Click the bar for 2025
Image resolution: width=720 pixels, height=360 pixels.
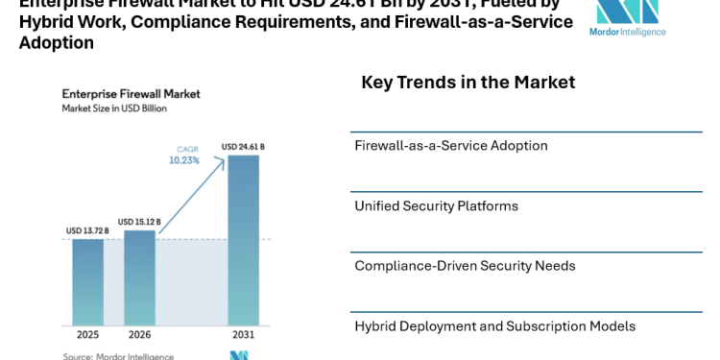pyautogui.click(x=87, y=281)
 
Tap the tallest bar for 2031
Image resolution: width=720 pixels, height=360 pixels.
pyautogui.click(x=243, y=240)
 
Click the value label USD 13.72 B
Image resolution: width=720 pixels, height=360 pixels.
pyautogui.click(x=87, y=230)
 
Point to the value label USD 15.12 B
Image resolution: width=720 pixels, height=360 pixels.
pyautogui.click(x=139, y=221)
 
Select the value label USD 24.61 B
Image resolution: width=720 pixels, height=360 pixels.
pyautogui.click(x=243, y=147)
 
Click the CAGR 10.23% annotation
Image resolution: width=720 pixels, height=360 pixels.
pyautogui.click(x=184, y=156)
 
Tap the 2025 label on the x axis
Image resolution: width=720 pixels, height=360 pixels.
pyautogui.click(x=87, y=335)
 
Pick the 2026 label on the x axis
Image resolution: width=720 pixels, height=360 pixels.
pyautogui.click(x=139, y=335)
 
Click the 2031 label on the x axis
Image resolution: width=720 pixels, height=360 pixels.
pyautogui.click(x=243, y=335)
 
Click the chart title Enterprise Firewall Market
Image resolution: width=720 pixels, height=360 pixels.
pyautogui.click(x=131, y=94)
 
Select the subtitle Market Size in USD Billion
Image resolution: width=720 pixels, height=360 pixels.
pyautogui.click(x=114, y=108)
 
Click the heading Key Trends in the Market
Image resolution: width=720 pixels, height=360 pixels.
pyautogui.click(x=468, y=83)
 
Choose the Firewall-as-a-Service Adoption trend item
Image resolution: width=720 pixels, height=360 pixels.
pyautogui.click(x=450, y=146)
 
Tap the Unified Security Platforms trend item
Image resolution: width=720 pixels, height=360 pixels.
pyautogui.click(x=436, y=206)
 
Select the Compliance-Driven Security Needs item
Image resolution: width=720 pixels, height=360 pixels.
pyautogui.click(x=465, y=266)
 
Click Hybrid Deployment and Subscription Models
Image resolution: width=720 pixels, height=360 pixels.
pyautogui.click(x=494, y=326)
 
